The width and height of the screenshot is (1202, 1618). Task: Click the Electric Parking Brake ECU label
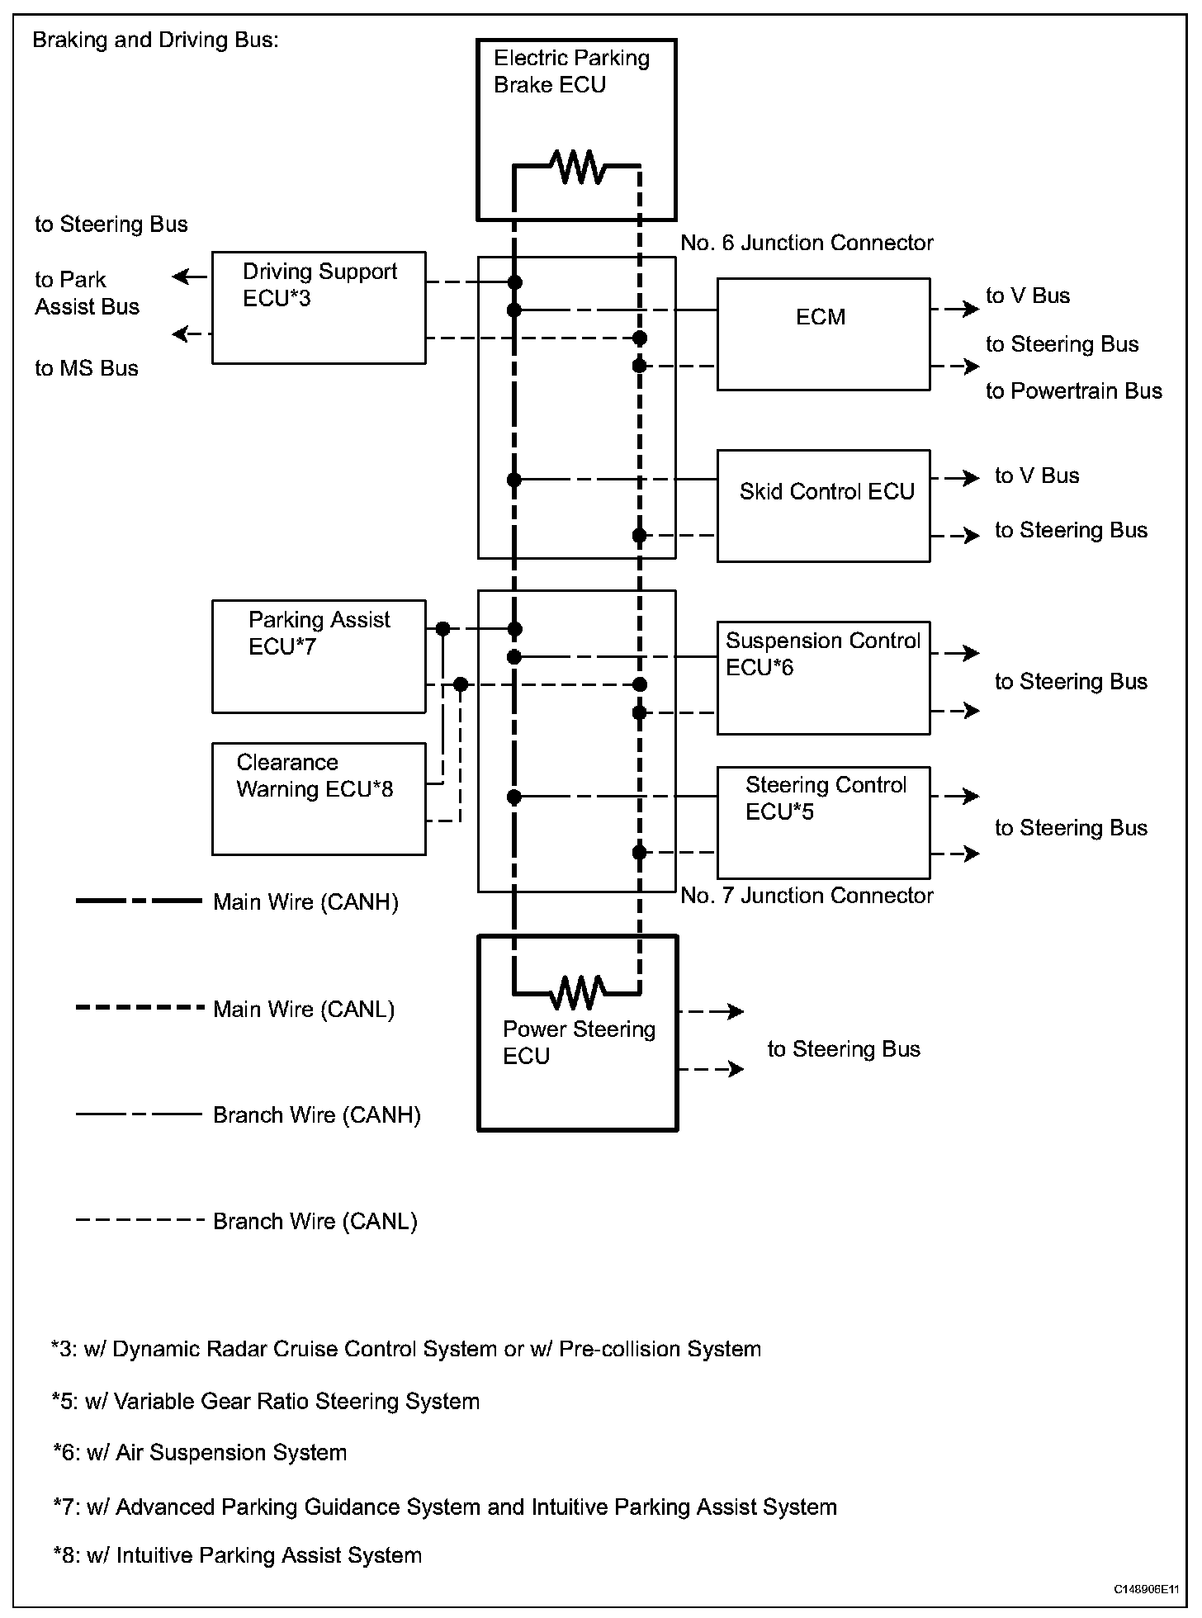tap(571, 71)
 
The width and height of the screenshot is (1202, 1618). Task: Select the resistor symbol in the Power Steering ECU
tap(578, 992)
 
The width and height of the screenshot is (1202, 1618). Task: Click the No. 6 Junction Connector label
tap(807, 243)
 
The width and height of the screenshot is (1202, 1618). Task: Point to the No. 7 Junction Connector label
tap(807, 896)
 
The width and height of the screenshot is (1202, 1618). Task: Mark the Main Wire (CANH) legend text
tap(305, 902)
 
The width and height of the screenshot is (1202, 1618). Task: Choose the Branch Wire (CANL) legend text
tap(315, 1222)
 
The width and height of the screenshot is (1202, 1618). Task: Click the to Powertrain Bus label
tap(1074, 390)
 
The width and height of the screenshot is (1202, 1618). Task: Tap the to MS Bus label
tap(87, 368)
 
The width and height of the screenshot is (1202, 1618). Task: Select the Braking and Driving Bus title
tap(155, 40)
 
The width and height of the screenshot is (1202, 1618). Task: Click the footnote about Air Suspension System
tap(200, 1453)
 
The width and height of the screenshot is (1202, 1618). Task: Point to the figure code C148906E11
tap(1146, 1589)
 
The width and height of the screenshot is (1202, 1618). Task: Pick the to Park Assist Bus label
tap(87, 293)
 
